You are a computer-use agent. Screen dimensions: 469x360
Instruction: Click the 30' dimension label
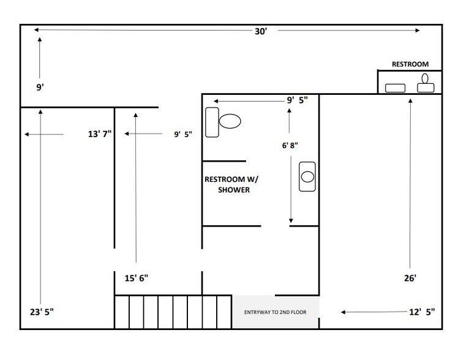click(261, 31)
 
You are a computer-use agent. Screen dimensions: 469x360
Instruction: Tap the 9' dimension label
click(40, 88)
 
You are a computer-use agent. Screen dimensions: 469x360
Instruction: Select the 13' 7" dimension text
click(100, 133)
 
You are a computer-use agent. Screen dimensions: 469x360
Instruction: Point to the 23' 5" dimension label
click(42, 312)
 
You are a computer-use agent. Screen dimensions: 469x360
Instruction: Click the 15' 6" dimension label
click(137, 278)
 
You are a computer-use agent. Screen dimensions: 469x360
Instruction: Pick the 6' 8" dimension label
click(290, 145)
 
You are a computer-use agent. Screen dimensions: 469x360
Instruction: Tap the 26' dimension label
click(410, 278)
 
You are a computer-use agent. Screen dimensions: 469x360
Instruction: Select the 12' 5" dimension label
click(422, 312)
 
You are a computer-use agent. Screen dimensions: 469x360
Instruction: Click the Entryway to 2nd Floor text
click(275, 312)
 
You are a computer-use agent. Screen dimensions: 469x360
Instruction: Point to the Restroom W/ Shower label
click(231, 184)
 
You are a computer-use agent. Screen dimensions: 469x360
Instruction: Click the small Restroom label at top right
click(410, 64)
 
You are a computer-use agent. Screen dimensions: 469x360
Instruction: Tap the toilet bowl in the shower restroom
click(230, 121)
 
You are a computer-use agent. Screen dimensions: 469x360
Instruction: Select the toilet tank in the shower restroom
click(212, 122)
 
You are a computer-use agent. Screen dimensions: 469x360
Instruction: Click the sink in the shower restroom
click(307, 176)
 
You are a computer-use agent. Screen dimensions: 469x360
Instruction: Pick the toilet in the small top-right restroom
click(426, 83)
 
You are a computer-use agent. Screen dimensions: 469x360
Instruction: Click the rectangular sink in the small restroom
click(395, 88)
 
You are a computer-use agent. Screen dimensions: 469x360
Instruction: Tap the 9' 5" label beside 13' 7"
click(183, 134)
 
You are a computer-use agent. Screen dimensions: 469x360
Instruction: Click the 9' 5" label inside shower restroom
click(298, 100)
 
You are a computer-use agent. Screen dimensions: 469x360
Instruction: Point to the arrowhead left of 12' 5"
click(343, 312)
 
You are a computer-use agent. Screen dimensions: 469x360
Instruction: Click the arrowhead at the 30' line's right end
click(417, 30)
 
